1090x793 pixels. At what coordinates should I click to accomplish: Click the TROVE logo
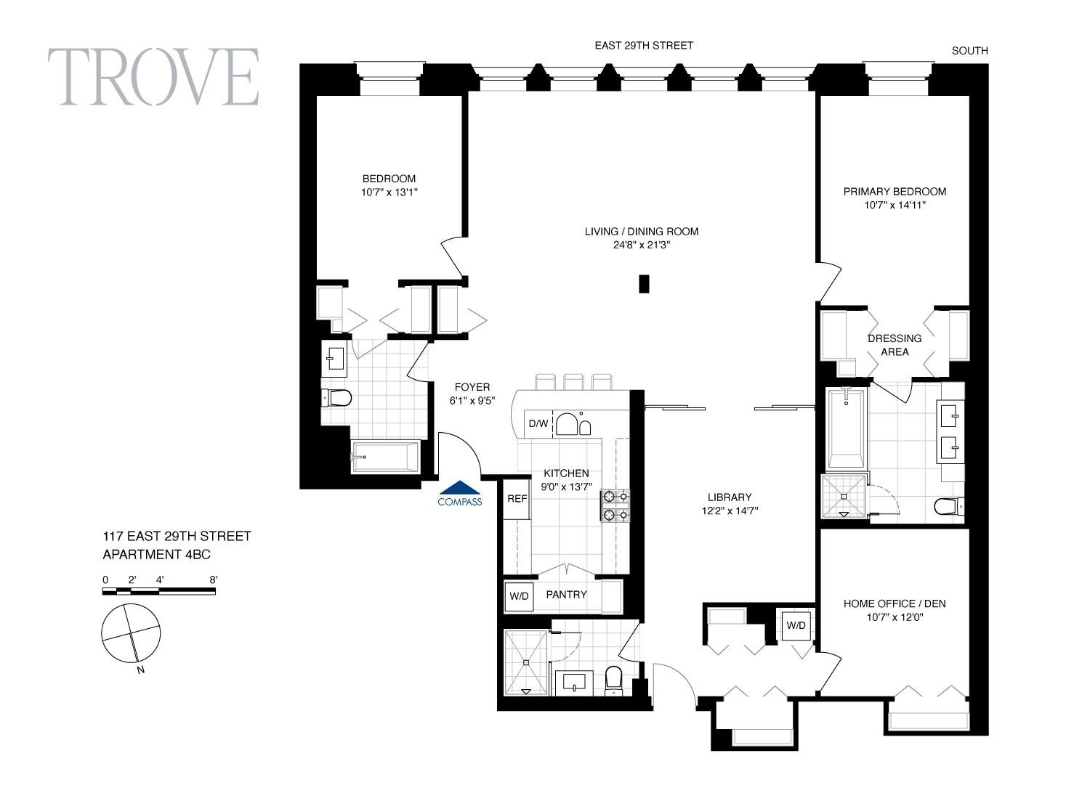click(153, 76)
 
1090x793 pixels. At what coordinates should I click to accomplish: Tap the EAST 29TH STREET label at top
click(644, 46)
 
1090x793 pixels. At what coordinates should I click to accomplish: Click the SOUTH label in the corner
click(970, 51)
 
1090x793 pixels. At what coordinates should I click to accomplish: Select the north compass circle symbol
click(131, 633)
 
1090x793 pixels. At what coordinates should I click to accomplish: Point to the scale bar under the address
click(158, 591)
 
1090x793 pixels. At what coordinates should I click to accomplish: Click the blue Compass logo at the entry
click(460, 494)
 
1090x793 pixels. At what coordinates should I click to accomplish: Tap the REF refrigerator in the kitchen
click(517, 499)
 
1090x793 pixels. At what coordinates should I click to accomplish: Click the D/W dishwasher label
click(538, 423)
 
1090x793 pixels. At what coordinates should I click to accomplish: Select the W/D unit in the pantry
click(519, 596)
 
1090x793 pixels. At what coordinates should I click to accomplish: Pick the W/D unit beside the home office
click(796, 625)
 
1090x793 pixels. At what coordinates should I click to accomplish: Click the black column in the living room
click(644, 284)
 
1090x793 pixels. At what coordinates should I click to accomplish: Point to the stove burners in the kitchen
click(615, 505)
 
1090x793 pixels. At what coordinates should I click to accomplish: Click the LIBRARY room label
click(730, 497)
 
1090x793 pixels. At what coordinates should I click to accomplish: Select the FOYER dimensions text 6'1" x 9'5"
click(472, 401)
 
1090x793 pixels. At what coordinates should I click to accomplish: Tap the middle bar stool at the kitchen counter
click(574, 382)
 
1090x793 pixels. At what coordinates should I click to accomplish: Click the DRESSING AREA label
click(895, 345)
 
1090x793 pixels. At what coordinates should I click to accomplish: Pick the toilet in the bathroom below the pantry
click(613, 680)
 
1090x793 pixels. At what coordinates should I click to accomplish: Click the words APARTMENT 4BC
click(157, 555)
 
